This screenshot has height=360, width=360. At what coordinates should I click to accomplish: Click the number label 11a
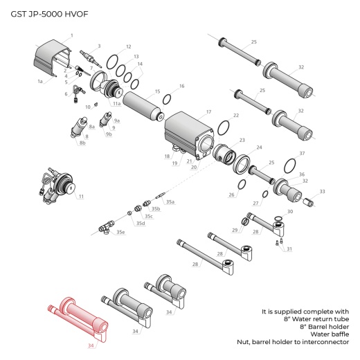tap(116, 103)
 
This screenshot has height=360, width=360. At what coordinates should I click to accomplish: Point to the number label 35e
tap(121, 232)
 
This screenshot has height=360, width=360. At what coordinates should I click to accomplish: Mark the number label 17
tap(208, 110)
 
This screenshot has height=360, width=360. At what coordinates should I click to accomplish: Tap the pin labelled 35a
tap(161, 195)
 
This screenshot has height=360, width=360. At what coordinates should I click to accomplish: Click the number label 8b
tap(82, 143)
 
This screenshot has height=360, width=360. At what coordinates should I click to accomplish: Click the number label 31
tap(289, 249)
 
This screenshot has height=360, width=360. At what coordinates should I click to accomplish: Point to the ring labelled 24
tap(244, 163)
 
